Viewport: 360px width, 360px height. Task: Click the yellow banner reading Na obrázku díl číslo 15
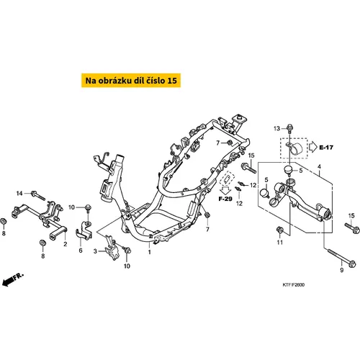pos(131,81)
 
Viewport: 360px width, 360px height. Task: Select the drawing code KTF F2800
pos(293,285)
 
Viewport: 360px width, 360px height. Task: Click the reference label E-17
pos(326,147)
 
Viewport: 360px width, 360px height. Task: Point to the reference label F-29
pos(225,199)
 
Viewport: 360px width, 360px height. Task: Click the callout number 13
pos(276,128)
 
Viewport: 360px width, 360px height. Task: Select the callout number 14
pos(19,193)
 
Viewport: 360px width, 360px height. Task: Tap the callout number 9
pos(342,270)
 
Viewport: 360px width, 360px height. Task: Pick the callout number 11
pos(280,243)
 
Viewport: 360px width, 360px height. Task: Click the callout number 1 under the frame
pos(149,252)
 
